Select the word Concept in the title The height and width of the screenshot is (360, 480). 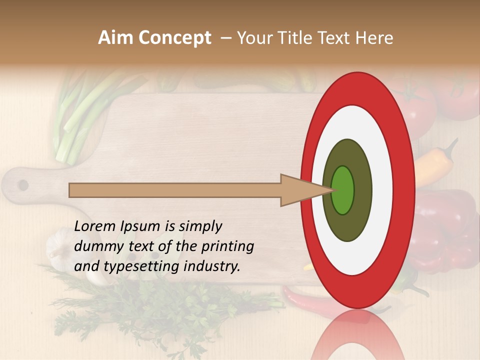coord(174,38)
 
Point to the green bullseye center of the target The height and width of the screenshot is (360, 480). coord(343,190)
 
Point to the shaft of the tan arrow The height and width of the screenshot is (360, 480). coord(175,190)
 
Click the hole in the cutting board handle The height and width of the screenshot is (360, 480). coord(23,185)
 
